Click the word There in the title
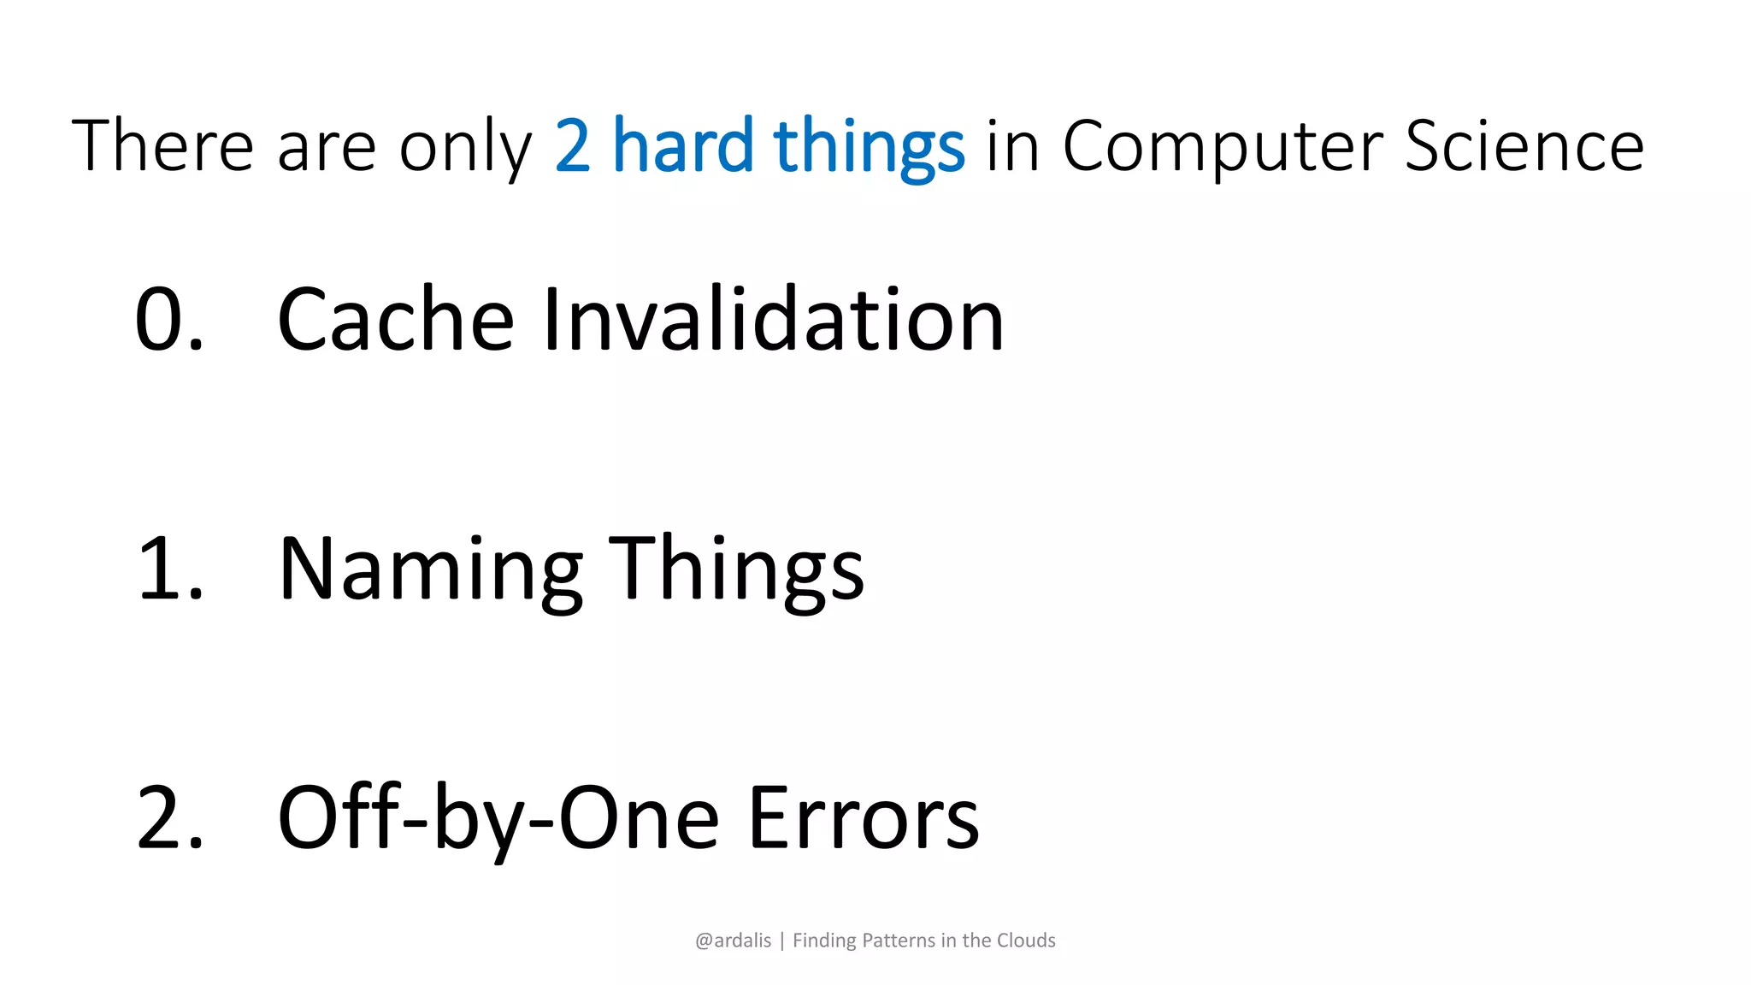[162, 146]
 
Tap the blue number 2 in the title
[573, 146]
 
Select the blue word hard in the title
[683, 146]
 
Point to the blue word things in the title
[869, 148]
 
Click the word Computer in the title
[1222, 148]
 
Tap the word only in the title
[465, 148]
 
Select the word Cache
[395, 319]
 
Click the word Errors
[864, 818]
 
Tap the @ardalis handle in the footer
[733, 941]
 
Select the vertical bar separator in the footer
[781, 941]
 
